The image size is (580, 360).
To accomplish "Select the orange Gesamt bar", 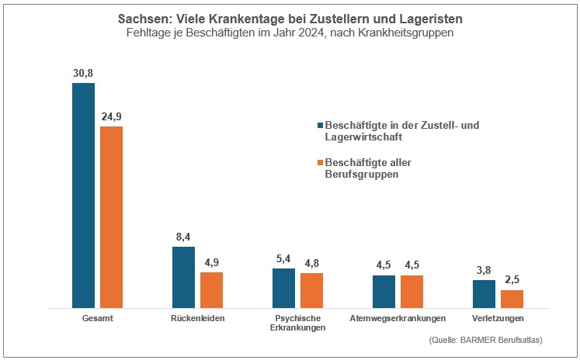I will (x=111, y=217).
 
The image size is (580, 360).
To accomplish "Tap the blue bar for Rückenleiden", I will (x=183, y=278).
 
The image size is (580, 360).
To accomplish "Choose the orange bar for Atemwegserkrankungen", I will (x=412, y=292).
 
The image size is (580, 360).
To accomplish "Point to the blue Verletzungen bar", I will (x=484, y=294).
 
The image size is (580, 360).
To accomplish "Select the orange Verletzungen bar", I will (x=512, y=299).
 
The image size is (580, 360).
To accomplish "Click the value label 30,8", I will (x=83, y=72).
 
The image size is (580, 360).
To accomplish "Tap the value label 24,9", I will (x=111, y=116).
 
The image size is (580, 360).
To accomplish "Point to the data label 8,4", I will (x=183, y=237).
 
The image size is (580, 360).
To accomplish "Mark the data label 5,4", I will (x=283, y=258).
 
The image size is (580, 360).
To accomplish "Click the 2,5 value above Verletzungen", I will (x=512, y=280).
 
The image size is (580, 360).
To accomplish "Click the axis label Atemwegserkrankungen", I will (x=398, y=319).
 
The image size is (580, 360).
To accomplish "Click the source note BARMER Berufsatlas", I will (x=484, y=340).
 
